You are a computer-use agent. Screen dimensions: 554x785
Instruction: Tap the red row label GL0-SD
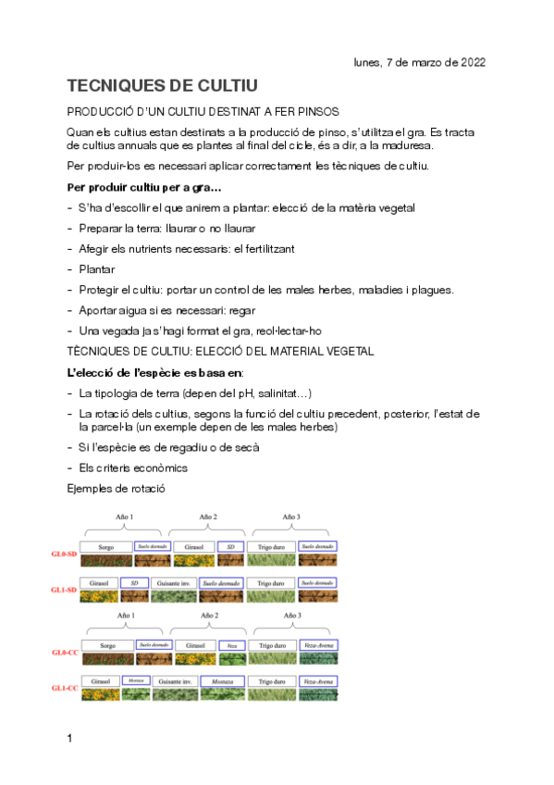tap(64, 554)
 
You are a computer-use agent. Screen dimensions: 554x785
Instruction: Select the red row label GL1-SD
tap(64, 590)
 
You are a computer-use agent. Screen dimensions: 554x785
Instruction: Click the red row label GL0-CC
tap(64, 652)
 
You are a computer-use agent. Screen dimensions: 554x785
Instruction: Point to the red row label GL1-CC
tap(64, 688)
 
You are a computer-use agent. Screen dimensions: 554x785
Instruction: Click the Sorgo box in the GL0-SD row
tap(106, 547)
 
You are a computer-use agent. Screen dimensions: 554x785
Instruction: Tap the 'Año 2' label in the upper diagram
tap(209, 517)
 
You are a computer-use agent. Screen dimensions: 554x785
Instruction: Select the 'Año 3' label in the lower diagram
tap(291, 615)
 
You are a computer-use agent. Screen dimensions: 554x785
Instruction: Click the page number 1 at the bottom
tap(70, 739)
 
